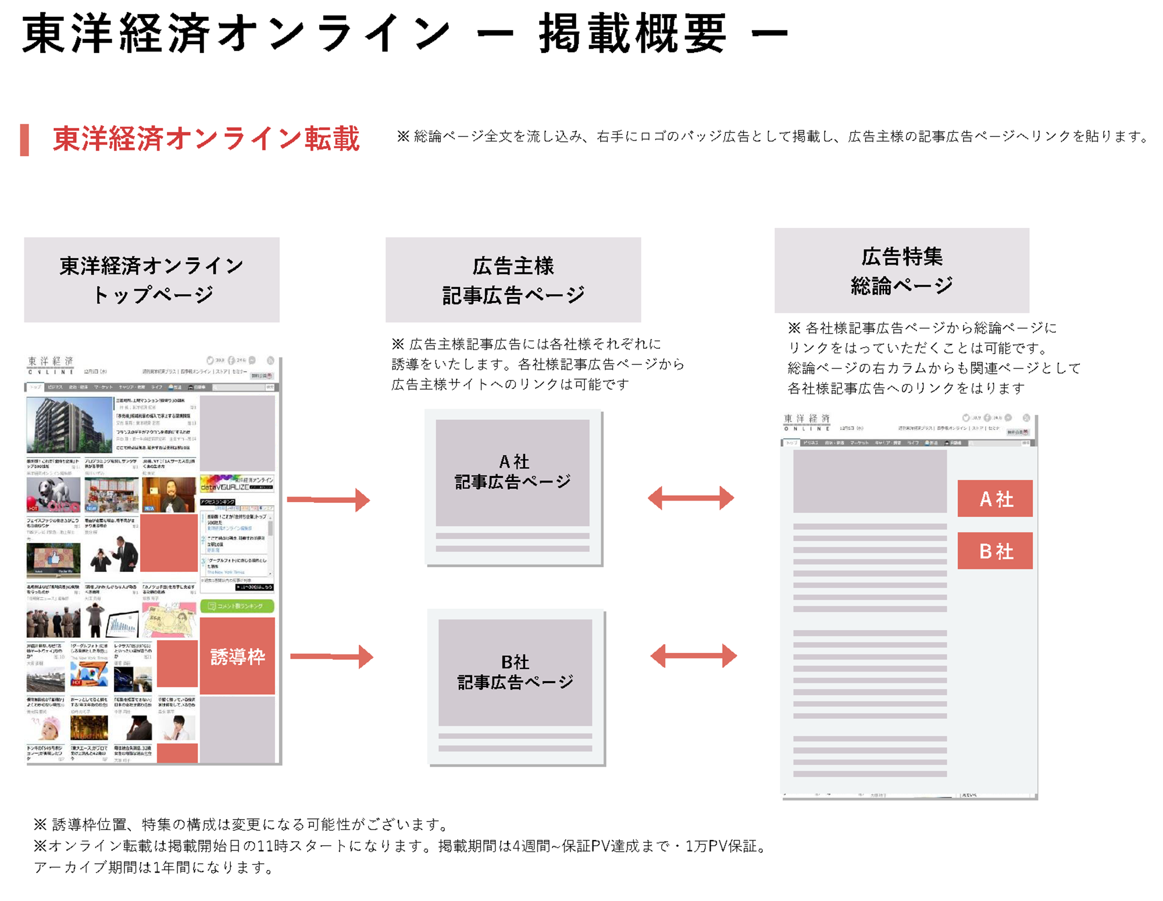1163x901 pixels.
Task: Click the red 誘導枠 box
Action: (237, 656)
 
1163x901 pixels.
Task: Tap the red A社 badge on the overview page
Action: (995, 498)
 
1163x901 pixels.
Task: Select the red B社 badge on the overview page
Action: (995, 550)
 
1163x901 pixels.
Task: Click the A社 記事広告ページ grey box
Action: (512, 472)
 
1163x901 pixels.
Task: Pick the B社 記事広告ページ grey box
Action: (515, 672)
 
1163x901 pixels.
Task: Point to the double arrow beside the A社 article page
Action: (691, 498)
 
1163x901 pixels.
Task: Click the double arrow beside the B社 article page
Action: (693, 656)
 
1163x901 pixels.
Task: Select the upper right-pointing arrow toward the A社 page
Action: (329, 499)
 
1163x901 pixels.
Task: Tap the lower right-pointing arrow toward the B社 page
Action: (331, 656)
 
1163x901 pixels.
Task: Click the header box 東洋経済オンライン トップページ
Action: (152, 280)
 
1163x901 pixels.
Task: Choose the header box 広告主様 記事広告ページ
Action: (513, 280)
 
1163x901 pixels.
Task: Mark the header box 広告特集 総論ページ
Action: (901, 270)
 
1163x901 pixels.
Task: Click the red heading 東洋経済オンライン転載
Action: (206, 140)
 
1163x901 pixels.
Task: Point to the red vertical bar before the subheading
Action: (24, 140)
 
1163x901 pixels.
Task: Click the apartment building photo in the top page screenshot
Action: (69, 424)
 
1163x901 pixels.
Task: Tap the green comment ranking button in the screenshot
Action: (237, 606)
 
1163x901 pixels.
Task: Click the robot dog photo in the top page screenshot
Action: (53, 495)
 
